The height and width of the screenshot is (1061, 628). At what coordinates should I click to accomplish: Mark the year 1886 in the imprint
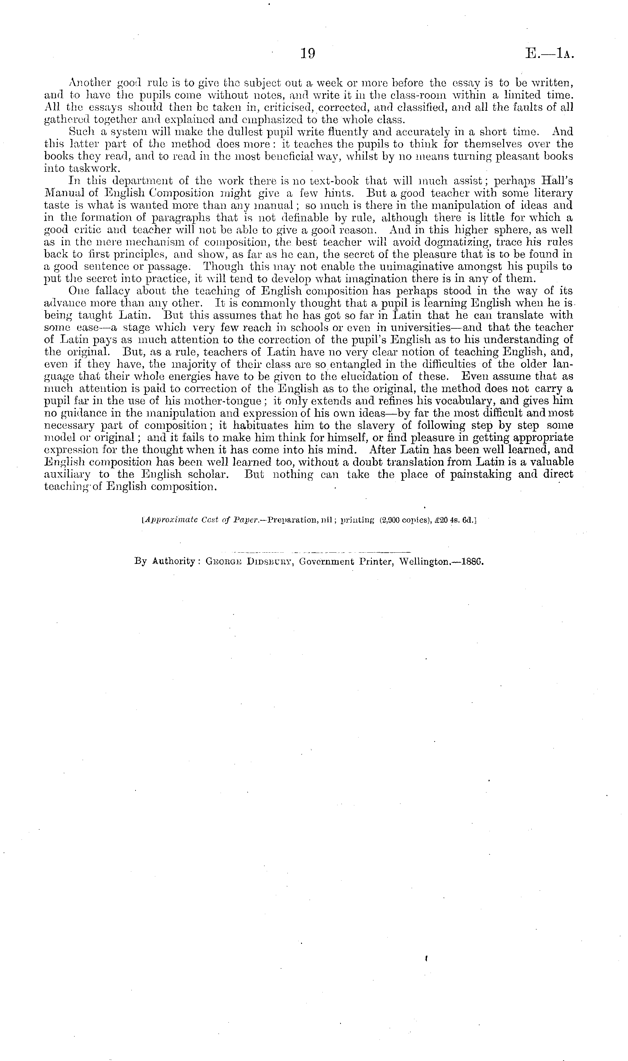point(473,563)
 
